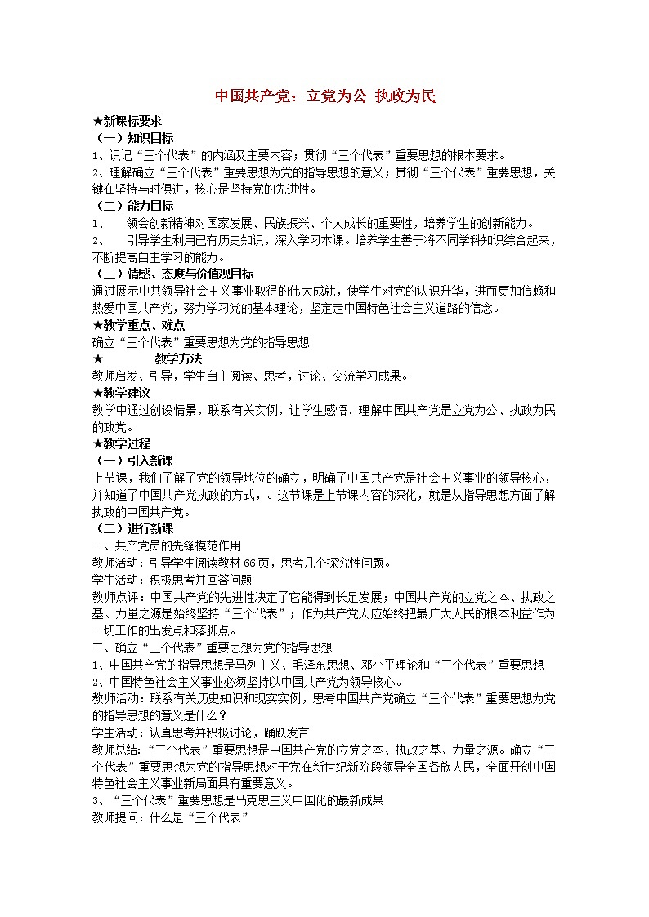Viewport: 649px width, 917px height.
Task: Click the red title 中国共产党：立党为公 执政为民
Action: click(x=325, y=96)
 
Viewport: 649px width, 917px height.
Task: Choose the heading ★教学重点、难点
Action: click(x=138, y=325)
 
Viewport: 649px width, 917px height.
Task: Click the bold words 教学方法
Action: click(x=177, y=358)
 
